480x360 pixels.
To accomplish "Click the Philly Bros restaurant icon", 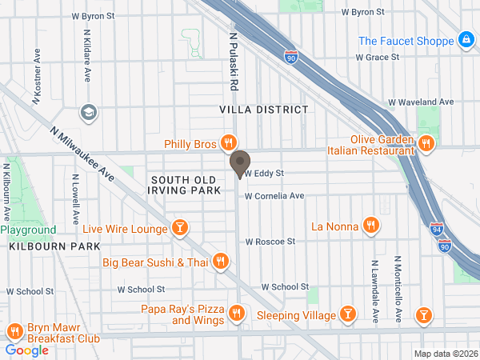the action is (x=229, y=144).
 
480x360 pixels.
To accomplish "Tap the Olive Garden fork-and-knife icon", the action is (x=426, y=144).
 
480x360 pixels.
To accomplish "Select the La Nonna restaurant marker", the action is (x=370, y=226).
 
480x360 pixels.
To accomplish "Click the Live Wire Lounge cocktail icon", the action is (x=181, y=230).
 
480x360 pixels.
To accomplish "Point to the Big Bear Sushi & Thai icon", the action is (x=222, y=262).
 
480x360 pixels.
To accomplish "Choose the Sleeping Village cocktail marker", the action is (x=348, y=315).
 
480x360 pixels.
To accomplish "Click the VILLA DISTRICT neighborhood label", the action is (x=263, y=109).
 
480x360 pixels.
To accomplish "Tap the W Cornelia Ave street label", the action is (x=274, y=195).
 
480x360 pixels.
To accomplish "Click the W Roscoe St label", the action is (x=270, y=241).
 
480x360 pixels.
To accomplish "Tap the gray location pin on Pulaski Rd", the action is (x=239, y=165).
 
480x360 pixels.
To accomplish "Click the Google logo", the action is (x=26, y=350).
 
